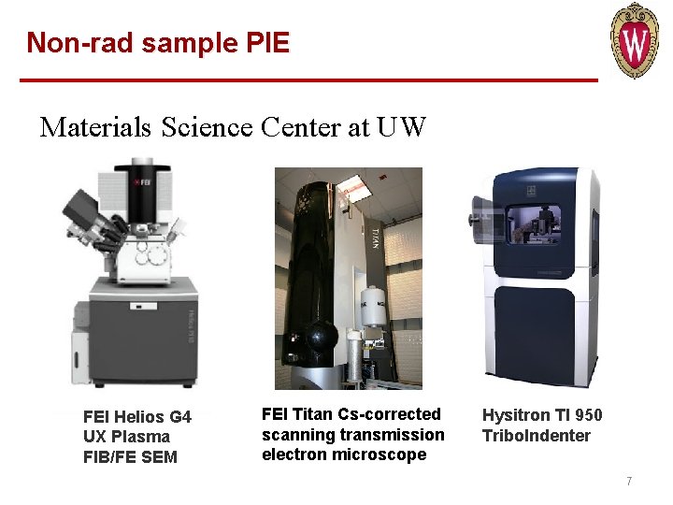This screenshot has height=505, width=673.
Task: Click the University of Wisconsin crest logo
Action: click(635, 40)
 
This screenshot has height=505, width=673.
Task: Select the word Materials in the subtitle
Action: click(95, 127)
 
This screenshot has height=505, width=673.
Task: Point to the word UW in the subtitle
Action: click(402, 127)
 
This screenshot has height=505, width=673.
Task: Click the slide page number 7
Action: click(629, 482)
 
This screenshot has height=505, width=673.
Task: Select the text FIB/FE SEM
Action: click(130, 457)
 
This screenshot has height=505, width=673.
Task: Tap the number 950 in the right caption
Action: click(588, 415)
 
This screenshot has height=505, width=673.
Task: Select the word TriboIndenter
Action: click(537, 436)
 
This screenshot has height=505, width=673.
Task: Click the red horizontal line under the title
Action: click(308, 80)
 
